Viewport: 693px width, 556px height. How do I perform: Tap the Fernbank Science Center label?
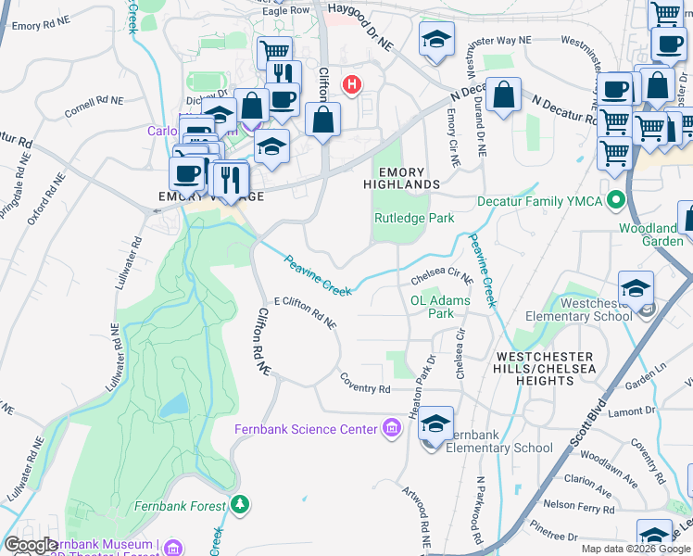pos(307,428)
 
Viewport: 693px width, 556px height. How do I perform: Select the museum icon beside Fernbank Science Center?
pos(392,428)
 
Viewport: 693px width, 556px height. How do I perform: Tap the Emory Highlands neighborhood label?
pos(408,178)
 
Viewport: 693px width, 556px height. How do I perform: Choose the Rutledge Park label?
pos(414,219)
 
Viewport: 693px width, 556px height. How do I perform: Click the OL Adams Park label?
pos(440,307)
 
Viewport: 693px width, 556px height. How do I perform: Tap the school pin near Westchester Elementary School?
pos(636,288)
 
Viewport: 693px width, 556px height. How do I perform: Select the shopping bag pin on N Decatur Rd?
pos(502,95)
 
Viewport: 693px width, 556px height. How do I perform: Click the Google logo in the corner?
pos(31,545)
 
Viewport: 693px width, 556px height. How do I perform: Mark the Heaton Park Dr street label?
pos(431,375)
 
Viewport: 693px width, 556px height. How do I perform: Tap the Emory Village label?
pos(212,196)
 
